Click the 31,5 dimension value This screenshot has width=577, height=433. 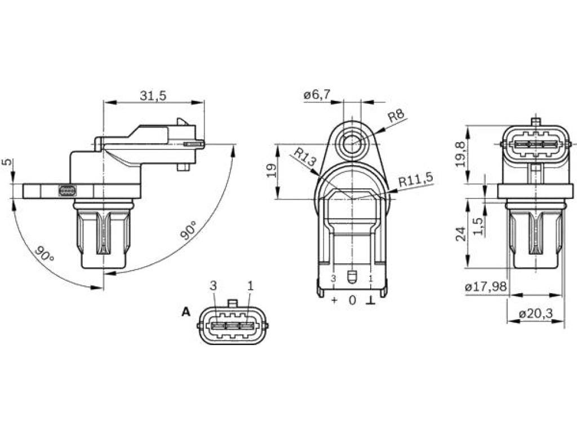[x=153, y=96]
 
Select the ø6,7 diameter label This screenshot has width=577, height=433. [x=317, y=95]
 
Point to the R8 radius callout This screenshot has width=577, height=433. [x=396, y=116]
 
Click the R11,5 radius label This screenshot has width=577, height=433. [x=416, y=180]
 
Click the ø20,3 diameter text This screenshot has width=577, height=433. [x=535, y=314]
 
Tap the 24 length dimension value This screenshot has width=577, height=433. [x=461, y=234]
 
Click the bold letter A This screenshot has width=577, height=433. [x=186, y=312]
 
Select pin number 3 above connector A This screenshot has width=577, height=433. [x=214, y=286]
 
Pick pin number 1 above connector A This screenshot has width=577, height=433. [x=250, y=286]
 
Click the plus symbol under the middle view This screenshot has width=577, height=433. [x=334, y=300]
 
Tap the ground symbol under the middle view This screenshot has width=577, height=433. [x=370, y=301]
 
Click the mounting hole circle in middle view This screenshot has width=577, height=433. [x=352, y=144]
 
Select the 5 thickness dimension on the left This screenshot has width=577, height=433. [x=7, y=162]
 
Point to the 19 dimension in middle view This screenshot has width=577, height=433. [x=272, y=171]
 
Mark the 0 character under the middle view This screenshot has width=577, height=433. [x=353, y=301]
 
